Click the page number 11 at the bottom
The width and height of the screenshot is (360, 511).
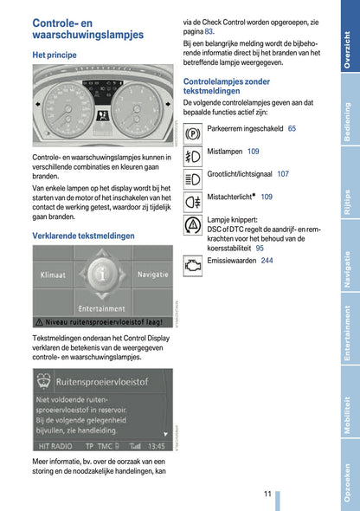(268, 494)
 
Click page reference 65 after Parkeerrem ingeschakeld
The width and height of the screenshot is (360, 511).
(292, 129)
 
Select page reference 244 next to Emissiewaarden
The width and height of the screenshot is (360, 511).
(267, 261)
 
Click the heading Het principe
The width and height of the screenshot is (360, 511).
(55, 55)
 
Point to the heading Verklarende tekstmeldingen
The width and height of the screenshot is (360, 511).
(83, 235)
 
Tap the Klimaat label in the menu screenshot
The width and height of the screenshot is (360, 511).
(53, 274)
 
